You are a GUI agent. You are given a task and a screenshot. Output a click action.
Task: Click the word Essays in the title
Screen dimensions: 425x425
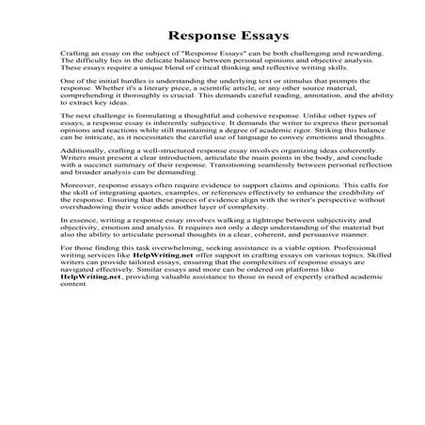tap(249, 39)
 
